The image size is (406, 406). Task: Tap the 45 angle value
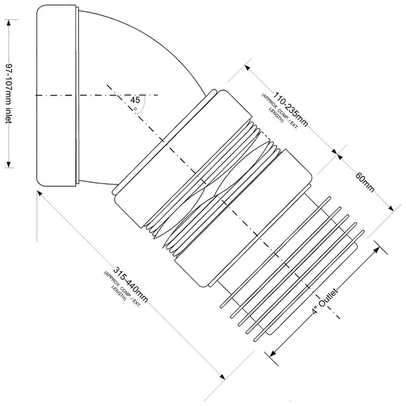[135, 100]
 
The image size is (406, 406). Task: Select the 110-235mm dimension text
[291, 109]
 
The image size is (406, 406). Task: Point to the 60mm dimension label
[365, 183]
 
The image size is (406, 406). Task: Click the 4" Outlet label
[325, 300]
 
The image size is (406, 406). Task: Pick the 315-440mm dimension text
[131, 284]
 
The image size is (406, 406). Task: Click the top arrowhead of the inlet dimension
[9, 22]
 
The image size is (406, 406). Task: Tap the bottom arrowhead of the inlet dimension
[9, 164]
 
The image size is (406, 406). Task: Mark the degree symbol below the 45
[135, 109]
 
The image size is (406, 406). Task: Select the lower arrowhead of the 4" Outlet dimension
[273, 353]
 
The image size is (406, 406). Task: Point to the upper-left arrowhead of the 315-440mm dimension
[40, 194]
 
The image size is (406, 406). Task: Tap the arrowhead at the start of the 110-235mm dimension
[248, 68]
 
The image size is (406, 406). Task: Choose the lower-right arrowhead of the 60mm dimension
[390, 208]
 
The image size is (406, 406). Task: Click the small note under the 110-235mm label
[280, 108]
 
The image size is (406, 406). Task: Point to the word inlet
[9, 115]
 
